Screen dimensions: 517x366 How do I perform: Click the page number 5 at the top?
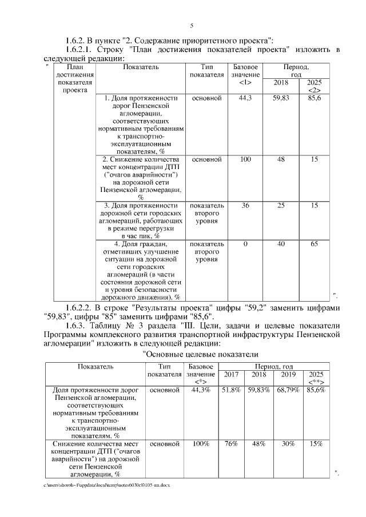192,25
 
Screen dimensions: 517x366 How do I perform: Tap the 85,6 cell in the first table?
314,98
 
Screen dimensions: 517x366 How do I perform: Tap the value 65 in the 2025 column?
314,244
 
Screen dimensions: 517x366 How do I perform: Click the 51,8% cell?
231,390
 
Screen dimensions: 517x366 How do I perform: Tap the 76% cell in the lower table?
231,443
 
